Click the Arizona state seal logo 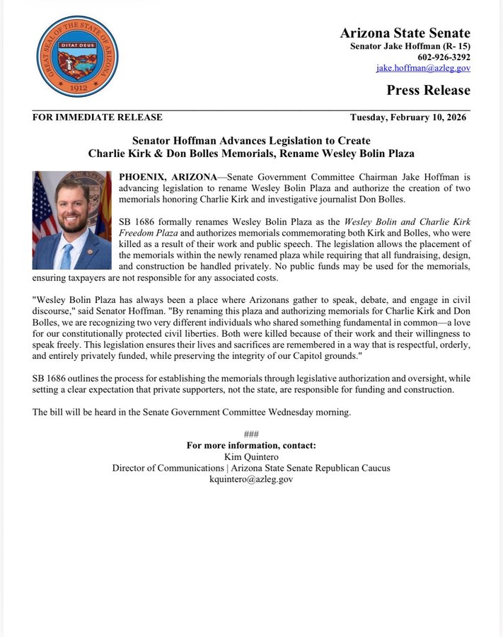pyautogui.click(x=77, y=57)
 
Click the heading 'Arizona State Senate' pyautogui.click(x=405, y=33)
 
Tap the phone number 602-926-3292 pyautogui.click(x=444, y=57)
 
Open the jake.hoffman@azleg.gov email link pyautogui.click(x=422, y=68)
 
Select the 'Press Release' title pyautogui.click(x=428, y=90)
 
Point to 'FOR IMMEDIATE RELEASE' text pyautogui.click(x=98, y=117)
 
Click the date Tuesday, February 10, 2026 pyautogui.click(x=408, y=117)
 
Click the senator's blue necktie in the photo pyautogui.click(x=67, y=254)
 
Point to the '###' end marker pyautogui.click(x=251, y=435)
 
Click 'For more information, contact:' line pyautogui.click(x=251, y=446)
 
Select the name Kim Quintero pyautogui.click(x=251, y=457)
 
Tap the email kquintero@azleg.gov pyautogui.click(x=251, y=479)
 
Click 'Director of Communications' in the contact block pyautogui.click(x=168, y=468)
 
